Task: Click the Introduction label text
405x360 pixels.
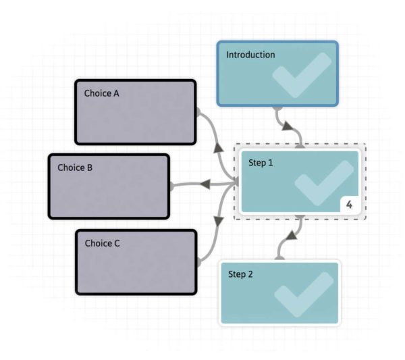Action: (x=250, y=55)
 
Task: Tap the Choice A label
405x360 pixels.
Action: (x=101, y=93)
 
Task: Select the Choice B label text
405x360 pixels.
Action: (x=75, y=168)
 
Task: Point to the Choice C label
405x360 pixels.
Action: (x=102, y=243)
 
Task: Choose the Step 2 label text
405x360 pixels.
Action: (x=241, y=274)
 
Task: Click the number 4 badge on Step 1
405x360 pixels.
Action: (x=349, y=204)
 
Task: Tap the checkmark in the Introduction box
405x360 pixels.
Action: (x=302, y=76)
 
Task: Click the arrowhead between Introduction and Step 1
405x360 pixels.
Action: (x=288, y=126)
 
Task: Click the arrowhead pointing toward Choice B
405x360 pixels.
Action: (x=206, y=184)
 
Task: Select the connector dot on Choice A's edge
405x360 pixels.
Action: (x=197, y=109)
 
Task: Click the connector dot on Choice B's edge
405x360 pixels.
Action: (x=171, y=186)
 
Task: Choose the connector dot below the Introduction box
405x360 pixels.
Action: (x=277, y=107)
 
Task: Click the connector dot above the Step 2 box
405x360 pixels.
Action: (x=279, y=258)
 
